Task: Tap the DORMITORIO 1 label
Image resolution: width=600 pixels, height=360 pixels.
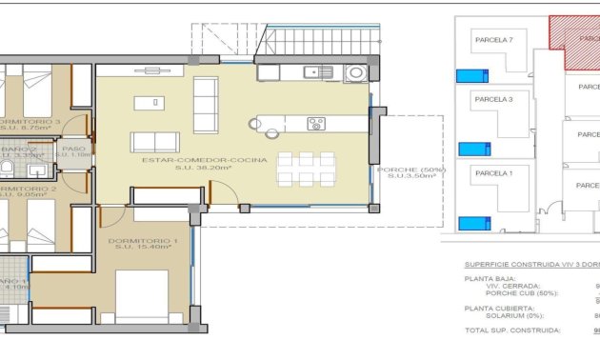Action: coord(143,241)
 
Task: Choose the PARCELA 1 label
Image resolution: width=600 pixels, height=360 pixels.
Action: coord(493,172)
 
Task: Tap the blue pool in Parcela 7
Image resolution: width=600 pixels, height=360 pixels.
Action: coord(470,76)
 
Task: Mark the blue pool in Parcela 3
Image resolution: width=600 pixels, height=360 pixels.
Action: coord(470,149)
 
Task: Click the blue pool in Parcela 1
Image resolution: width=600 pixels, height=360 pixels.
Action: coord(472,224)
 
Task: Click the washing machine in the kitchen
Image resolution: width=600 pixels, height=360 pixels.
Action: coord(356,71)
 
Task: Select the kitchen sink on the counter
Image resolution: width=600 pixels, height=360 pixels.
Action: coord(312,71)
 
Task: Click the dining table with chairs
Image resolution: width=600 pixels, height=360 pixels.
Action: coord(306,168)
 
